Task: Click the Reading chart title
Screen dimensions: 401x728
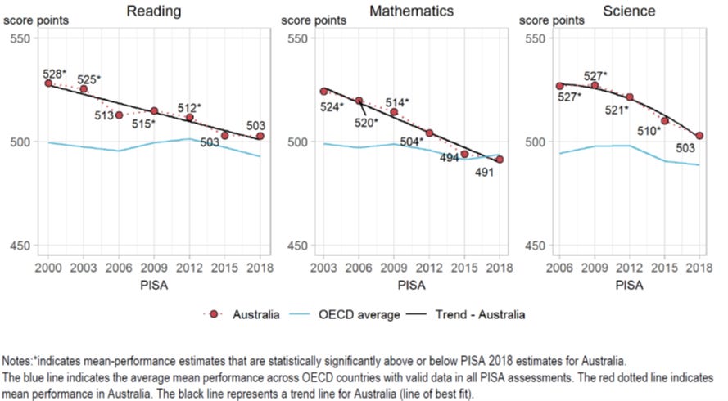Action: (152, 11)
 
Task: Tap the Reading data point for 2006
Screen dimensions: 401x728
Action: (119, 115)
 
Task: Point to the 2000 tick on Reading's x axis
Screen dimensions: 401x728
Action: (48, 267)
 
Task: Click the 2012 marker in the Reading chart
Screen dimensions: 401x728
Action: (189, 117)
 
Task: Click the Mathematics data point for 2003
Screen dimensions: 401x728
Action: (323, 91)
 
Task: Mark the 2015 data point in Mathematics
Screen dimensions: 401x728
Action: (464, 154)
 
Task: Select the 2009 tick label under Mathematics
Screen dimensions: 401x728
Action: (394, 267)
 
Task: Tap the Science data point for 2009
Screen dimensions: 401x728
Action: (595, 85)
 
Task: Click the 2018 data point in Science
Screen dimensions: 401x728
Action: (700, 136)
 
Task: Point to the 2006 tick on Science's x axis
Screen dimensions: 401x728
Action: (560, 267)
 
